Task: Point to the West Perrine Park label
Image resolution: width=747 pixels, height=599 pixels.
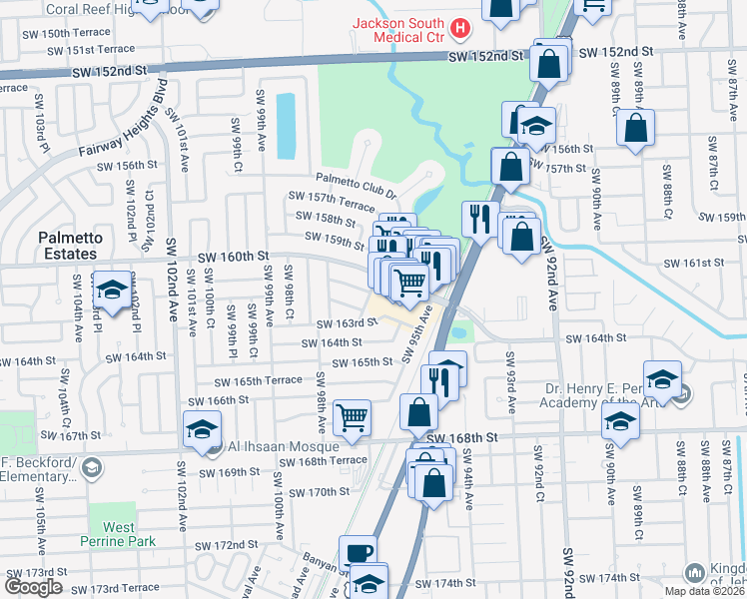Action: click(118, 533)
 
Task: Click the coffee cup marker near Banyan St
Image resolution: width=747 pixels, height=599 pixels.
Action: click(358, 552)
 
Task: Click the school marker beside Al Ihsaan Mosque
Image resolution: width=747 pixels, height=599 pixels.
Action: click(202, 429)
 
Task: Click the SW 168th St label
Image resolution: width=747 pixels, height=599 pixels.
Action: click(461, 438)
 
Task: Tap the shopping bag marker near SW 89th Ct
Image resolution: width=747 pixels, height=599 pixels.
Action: click(635, 127)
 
